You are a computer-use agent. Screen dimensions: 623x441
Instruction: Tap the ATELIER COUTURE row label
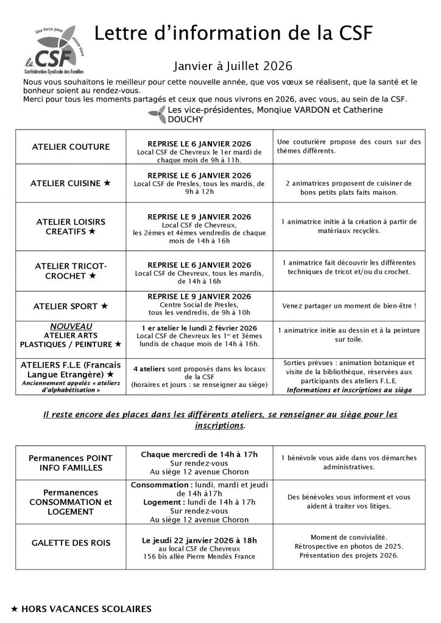[x=72, y=147]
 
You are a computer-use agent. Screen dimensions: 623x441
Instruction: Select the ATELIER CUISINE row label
[x=72, y=183]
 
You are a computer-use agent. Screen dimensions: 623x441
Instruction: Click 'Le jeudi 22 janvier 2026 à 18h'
[x=199, y=539]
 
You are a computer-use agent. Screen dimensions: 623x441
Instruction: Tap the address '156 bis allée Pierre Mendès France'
[x=199, y=555]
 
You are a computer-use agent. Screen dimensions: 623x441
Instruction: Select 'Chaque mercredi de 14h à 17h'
[x=199, y=454]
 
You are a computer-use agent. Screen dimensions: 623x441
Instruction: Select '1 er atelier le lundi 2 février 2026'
[x=199, y=327]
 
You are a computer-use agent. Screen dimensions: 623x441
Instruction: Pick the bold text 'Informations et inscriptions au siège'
[x=349, y=390]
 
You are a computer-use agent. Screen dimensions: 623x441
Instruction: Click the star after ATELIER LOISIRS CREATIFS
[x=92, y=232]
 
